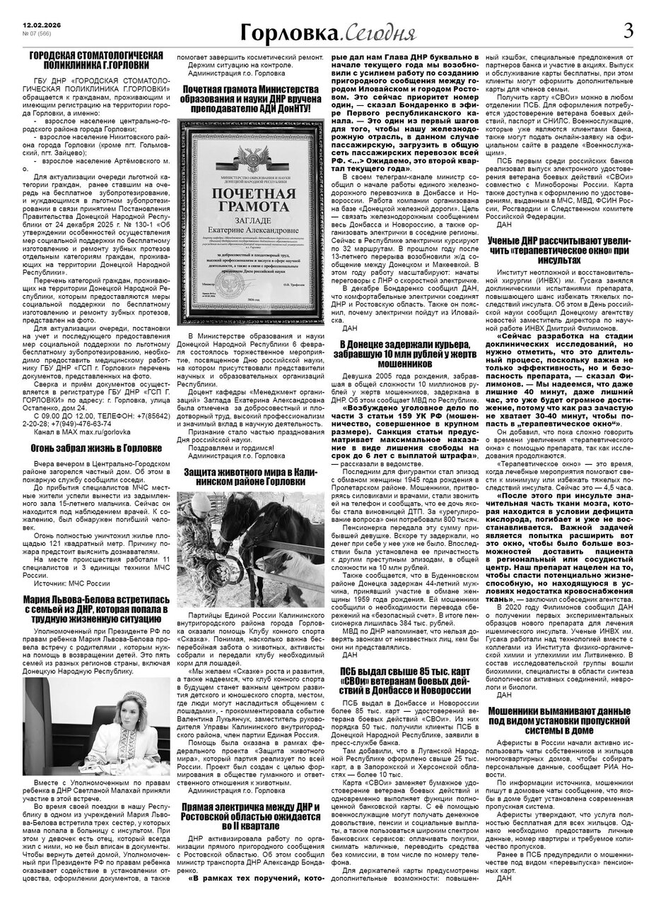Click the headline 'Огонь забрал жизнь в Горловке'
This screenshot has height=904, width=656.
point(97,448)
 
